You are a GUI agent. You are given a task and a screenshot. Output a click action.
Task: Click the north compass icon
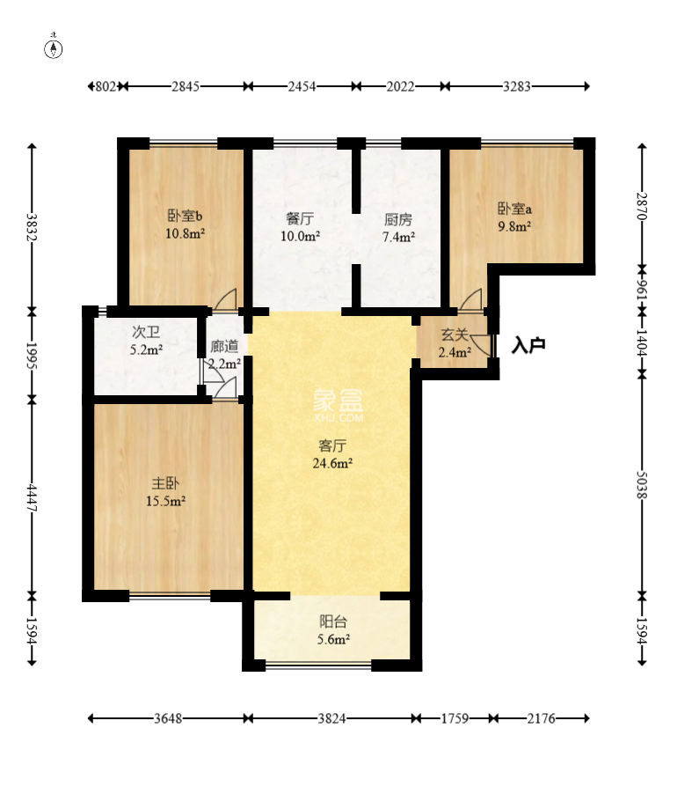pos(55,48)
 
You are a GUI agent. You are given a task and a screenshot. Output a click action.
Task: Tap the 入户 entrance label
pos(528,345)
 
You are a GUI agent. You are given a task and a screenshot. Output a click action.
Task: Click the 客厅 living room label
pos(332,445)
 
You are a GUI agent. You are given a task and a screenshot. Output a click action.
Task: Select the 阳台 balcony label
pos(333,621)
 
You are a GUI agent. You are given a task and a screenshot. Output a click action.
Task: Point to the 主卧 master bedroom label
pos(165,483)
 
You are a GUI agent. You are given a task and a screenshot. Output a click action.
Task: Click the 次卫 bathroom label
pos(146,332)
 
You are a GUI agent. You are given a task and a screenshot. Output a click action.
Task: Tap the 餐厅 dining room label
pos(300,219)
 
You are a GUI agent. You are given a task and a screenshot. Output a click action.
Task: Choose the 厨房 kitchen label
pos(398,220)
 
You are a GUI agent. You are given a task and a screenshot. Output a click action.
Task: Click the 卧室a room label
pos(514,209)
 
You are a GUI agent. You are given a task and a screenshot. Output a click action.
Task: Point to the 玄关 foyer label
pos(455,335)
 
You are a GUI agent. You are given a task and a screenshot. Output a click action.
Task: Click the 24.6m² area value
pos(332,463)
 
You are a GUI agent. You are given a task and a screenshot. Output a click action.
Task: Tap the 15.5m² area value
pos(165,501)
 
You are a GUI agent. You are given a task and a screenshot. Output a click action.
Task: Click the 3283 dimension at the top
pos(517,86)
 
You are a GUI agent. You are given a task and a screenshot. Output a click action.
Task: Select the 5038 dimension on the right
pos(642,484)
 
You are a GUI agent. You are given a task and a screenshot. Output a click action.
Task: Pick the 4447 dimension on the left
pos(33,497)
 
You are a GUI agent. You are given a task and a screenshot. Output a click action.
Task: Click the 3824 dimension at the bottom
pos(331,718)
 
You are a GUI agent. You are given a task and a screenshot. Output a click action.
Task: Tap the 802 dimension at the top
pos(106,86)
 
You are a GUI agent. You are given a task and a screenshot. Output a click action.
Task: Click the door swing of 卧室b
pos(226,298)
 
